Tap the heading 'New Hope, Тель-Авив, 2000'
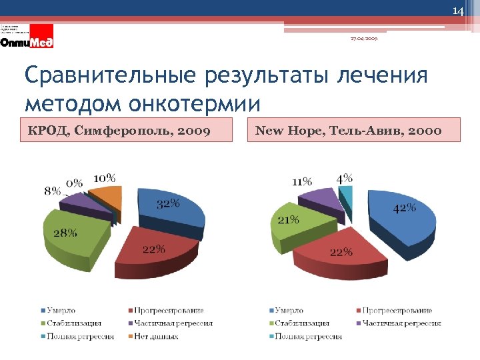[348, 130]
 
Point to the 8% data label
[53, 191]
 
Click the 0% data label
[74, 183]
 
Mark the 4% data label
[344, 179]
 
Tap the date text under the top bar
[364, 39]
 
